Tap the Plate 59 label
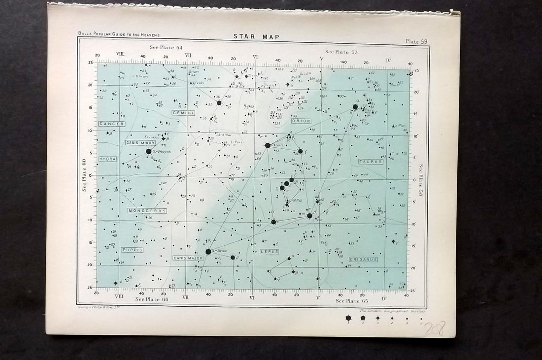pos(416,42)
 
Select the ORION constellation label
pos(301,121)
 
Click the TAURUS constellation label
pos(371,162)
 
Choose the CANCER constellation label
pos(111,124)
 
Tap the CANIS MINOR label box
pos(140,143)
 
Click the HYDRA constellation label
pos(108,159)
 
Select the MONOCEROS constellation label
pos(147,211)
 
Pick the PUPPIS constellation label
pos(133,250)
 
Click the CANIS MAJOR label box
pos(188,258)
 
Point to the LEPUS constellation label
pos(270,252)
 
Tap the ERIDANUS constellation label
pos(363,259)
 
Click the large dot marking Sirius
pos(208,252)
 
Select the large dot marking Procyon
pos(149,151)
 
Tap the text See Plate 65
pos(352,300)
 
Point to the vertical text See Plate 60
pos(84,175)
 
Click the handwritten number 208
pos(434,328)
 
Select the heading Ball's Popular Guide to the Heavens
pos(119,34)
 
